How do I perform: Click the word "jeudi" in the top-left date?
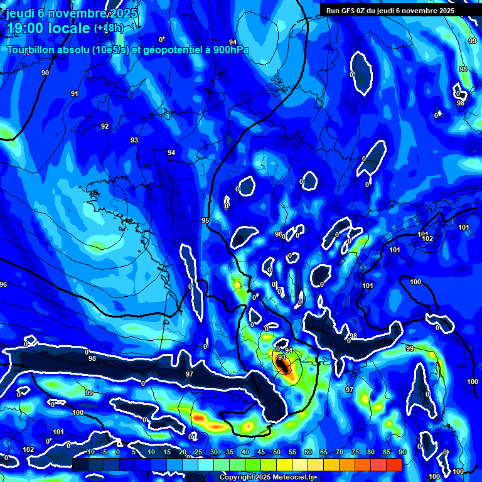click(x=19, y=14)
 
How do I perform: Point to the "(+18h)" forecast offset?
click(x=109, y=28)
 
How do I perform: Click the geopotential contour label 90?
click(x=45, y=73)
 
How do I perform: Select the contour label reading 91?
click(x=75, y=94)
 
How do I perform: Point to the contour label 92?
click(x=105, y=126)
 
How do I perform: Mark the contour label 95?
click(x=205, y=220)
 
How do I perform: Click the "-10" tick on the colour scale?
click(x=89, y=453)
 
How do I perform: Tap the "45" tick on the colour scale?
click(x=261, y=453)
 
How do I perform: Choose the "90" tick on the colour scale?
click(x=402, y=453)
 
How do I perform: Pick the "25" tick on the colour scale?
click(x=198, y=453)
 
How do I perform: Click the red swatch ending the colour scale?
click(x=394, y=464)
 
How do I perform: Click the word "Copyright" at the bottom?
click(x=237, y=477)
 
